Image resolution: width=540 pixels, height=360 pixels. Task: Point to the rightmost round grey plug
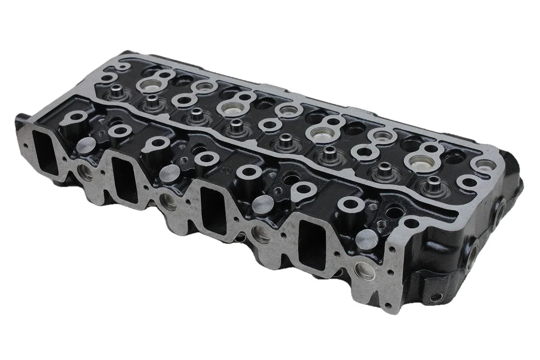click(367, 239)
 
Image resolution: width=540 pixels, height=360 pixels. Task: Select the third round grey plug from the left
click(264, 204)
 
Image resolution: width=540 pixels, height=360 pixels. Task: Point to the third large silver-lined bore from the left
click(321, 133)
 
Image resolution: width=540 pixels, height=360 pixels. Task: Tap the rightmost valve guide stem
click(433, 182)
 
